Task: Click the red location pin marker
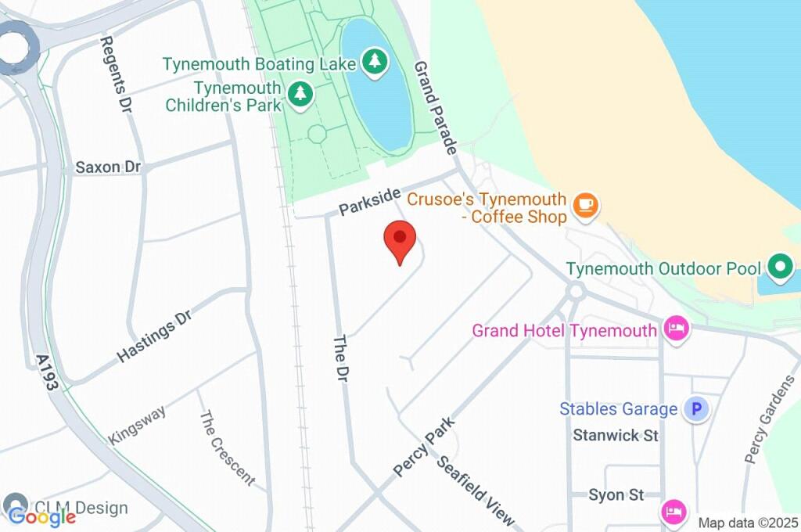tap(400, 238)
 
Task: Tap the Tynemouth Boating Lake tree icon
tap(375, 63)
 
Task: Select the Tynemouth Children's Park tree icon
tap(300, 95)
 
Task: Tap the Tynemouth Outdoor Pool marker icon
tap(779, 268)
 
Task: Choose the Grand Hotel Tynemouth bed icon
tap(676, 329)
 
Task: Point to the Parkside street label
tap(369, 201)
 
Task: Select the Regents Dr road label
tap(115, 74)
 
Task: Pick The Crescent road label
tap(227, 448)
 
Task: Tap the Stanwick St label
tap(616, 435)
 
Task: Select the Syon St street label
tap(616, 494)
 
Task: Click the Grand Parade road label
tap(435, 108)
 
